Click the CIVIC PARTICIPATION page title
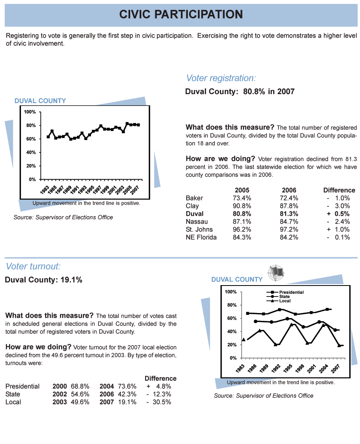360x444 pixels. (x=181, y=14)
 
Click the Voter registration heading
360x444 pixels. (x=221, y=78)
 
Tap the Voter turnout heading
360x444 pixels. (x=33, y=266)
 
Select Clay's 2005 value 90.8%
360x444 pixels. (x=242, y=206)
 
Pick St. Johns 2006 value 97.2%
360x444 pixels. (x=289, y=229)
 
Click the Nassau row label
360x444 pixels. (x=197, y=222)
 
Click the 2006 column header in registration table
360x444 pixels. (x=289, y=190)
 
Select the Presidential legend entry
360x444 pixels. (x=285, y=292)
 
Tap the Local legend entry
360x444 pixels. (x=278, y=301)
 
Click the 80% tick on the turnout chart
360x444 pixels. (x=232, y=305)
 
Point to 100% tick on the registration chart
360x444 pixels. (x=30, y=112)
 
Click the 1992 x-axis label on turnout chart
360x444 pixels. (x=276, y=368)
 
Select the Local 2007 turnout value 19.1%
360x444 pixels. (x=127, y=402)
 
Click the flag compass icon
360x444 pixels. (x=276, y=273)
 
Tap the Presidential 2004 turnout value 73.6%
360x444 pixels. (x=127, y=386)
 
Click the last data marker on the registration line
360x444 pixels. (x=138, y=125)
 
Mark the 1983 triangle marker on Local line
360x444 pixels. (x=244, y=339)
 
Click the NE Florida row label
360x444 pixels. (x=201, y=237)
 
